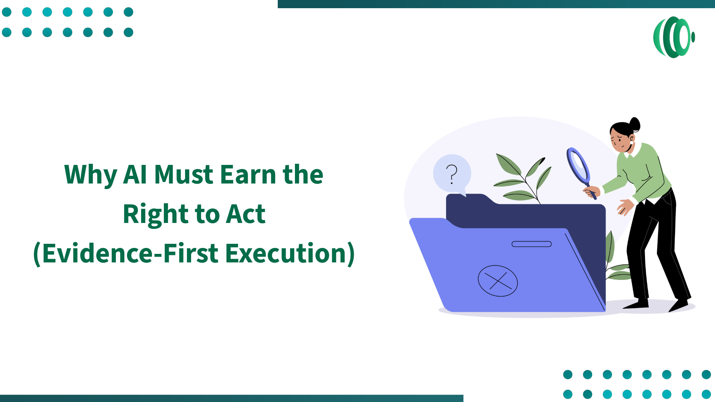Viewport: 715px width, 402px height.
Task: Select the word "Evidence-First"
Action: (x=130, y=253)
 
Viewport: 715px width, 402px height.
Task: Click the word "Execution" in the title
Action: (x=286, y=253)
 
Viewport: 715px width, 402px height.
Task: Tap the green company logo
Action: (x=674, y=37)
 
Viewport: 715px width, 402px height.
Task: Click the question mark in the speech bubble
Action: (x=452, y=174)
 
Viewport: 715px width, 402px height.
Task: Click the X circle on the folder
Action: (x=498, y=281)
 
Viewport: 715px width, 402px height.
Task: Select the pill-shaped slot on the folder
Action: (x=531, y=244)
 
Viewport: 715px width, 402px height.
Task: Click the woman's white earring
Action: (x=632, y=143)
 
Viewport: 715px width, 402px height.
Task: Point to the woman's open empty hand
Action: (x=625, y=207)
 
